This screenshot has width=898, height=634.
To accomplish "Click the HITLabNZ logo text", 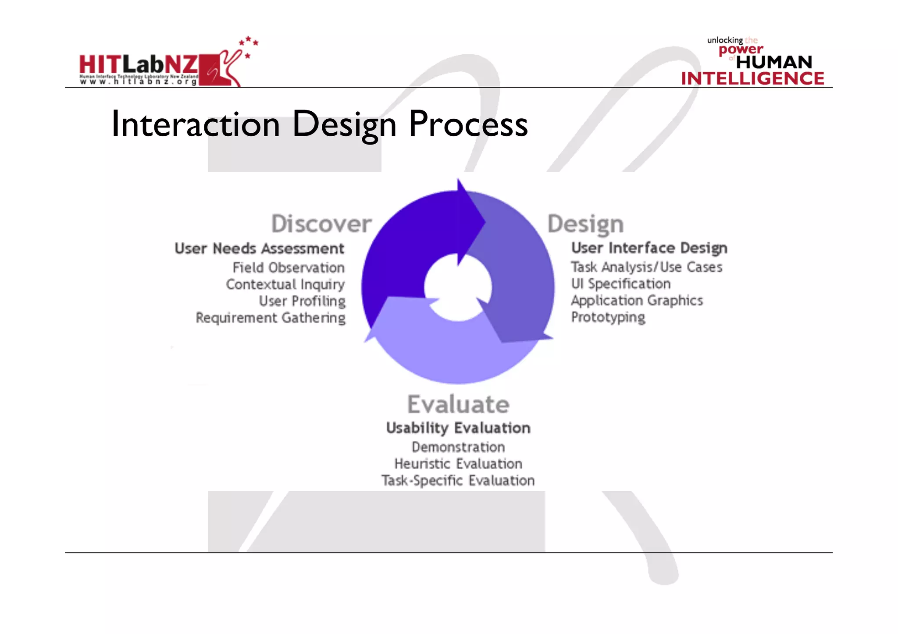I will coord(138,65).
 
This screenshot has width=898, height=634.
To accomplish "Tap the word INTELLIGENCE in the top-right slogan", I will coord(752,79).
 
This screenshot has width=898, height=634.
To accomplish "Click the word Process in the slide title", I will coord(468,124).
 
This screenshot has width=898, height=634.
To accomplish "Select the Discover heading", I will coord(321,224).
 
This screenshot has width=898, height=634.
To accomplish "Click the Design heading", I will coord(585,224).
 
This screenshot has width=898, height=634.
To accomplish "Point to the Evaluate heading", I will coord(458,404).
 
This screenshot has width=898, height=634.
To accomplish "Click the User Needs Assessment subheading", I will coord(259,248).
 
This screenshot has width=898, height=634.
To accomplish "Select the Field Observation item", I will coord(289,267).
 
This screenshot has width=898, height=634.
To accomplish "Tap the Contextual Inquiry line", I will coord(285,284).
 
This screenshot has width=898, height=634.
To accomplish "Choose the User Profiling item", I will coord(302,301).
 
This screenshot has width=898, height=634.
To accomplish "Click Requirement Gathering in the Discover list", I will coord(271,318).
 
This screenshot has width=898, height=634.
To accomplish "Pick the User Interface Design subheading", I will coord(649,248).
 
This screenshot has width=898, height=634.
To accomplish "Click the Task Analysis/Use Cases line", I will coord(646,267).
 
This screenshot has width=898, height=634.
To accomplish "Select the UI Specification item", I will coord(620,283).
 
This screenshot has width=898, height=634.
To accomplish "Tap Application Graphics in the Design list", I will coord(637,301).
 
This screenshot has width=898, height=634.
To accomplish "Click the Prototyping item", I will coord(608,317).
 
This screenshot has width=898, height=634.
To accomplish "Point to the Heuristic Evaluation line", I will coord(458,464).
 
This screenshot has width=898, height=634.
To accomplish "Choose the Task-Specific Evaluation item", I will coord(458,481).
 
